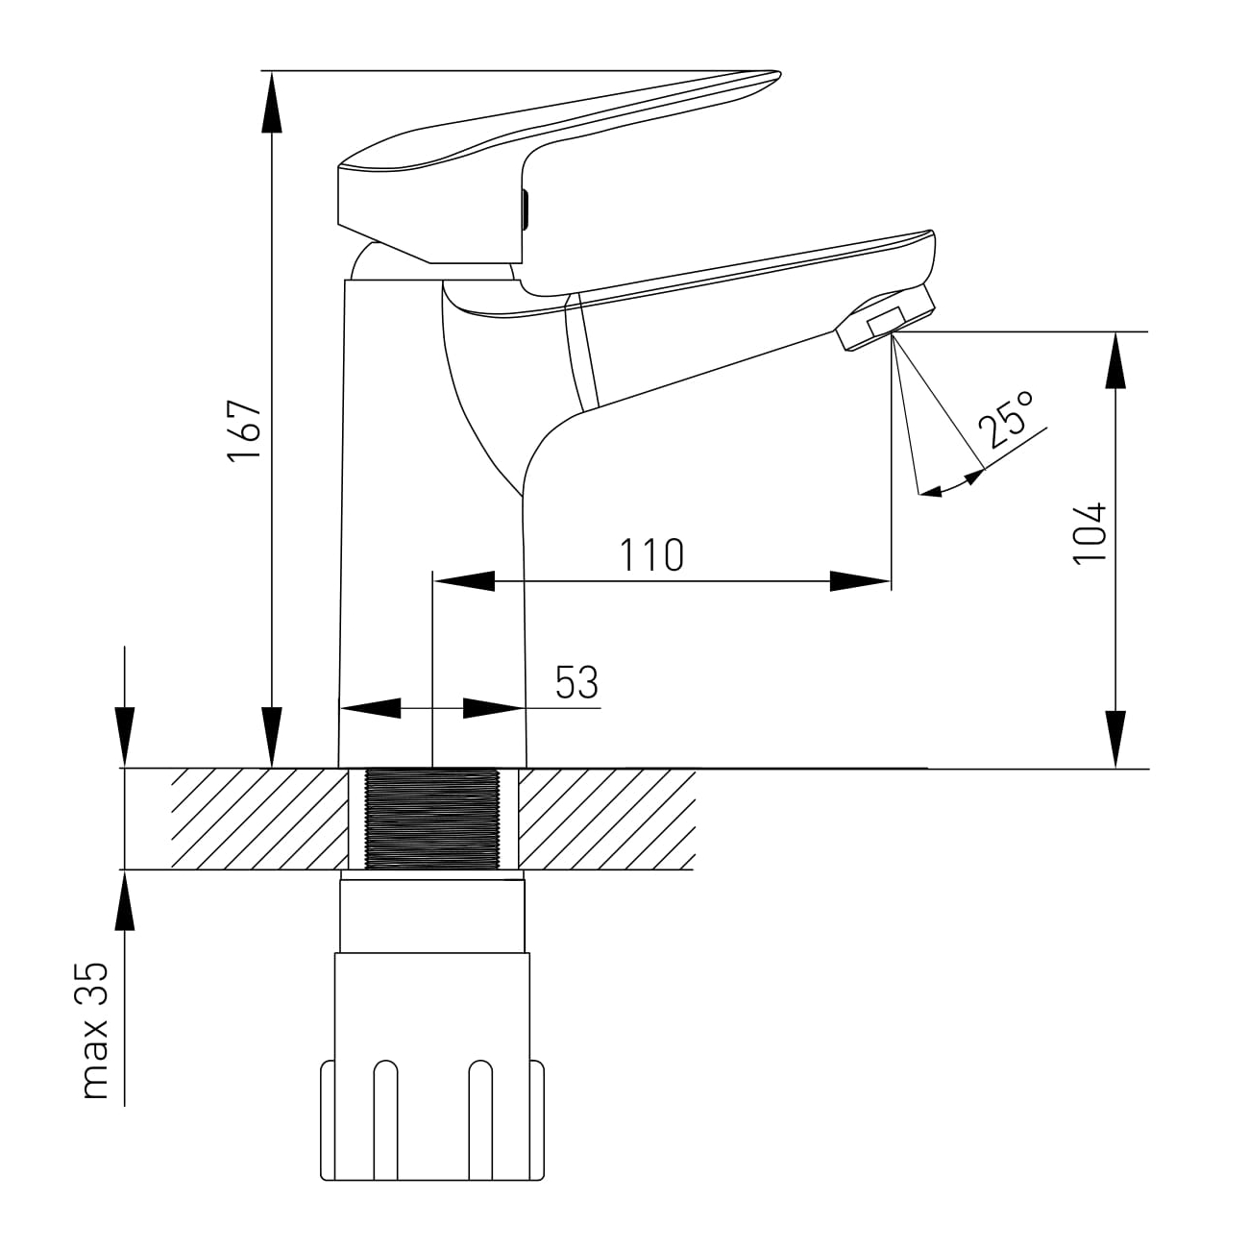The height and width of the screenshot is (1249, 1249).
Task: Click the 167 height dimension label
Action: point(244,430)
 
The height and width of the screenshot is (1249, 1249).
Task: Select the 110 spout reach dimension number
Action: point(651,554)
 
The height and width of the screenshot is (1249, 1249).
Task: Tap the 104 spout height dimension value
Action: point(1090,533)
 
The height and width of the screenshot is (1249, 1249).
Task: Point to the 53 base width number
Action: point(576,682)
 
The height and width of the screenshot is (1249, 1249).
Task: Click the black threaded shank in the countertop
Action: point(432,819)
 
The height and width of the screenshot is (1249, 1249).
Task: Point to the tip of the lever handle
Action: point(779,73)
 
